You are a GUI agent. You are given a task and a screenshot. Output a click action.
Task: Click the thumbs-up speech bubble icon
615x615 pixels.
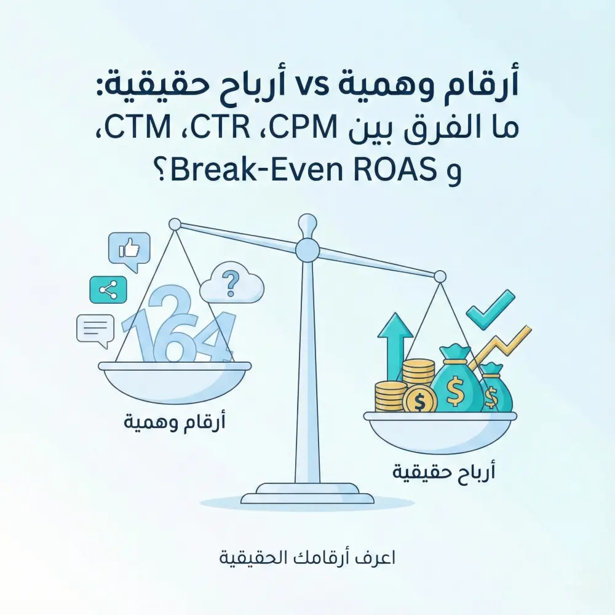pos(129,250)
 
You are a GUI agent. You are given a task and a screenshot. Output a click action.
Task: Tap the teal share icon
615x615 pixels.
pos(108,290)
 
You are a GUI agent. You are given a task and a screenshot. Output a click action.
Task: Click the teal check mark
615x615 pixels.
pos(490,307)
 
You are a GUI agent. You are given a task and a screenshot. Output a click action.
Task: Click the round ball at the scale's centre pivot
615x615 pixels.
pos(307,250)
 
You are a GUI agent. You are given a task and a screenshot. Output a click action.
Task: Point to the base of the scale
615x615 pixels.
pos(307,493)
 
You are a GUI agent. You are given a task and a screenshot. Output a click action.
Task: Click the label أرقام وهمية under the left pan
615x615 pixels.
pos(175,423)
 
